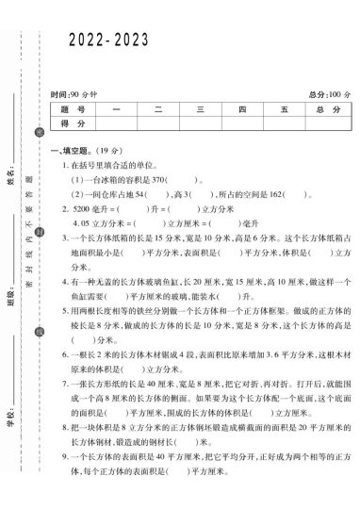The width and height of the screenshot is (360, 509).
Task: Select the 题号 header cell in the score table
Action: (x=74, y=110)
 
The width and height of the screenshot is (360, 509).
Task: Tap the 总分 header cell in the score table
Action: (x=327, y=110)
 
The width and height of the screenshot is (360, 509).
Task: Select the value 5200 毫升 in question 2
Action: (x=82, y=208)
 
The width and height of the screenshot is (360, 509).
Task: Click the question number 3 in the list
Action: (x=64, y=239)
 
